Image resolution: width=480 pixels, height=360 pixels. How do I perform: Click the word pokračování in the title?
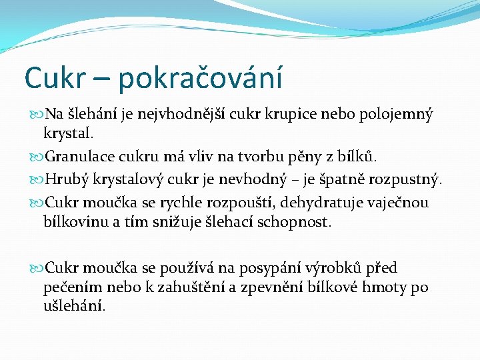click(200, 78)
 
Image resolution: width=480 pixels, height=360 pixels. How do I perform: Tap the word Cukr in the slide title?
click(51, 77)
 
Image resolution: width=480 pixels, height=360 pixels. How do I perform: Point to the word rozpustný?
click(406, 180)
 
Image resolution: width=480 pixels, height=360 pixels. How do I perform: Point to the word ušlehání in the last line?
click(73, 307)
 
